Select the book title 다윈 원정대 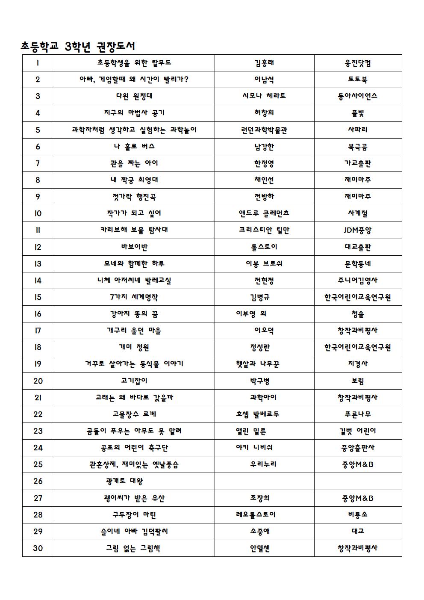(134, 96)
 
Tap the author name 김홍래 (264, 63)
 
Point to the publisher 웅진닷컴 (358, 63)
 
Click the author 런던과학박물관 (264, 130)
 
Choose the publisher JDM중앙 (358, 230)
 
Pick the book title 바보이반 (134, 247)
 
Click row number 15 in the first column (38, 297)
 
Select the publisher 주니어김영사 (358, 281)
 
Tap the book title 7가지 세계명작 (134, 297)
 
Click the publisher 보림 (358, 381)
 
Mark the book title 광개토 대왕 (124, 481)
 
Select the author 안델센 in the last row (260, 548)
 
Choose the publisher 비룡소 (358, 514)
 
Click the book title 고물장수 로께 (134, 414)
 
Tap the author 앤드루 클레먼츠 (264, 213)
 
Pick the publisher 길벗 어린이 (358, 431)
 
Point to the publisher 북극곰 (358, 147)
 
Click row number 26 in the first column (38, 481)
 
